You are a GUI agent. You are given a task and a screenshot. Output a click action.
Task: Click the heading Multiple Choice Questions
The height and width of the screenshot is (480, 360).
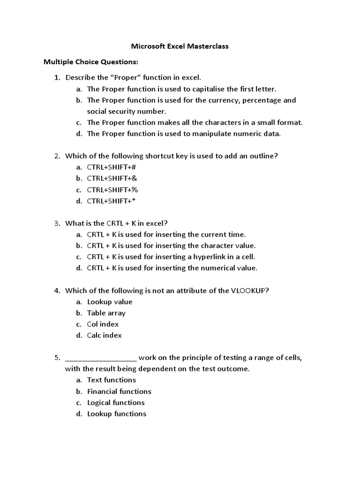click(x=91, y=62)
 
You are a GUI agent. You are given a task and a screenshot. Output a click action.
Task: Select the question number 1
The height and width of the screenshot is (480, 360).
click(x=57, y=77)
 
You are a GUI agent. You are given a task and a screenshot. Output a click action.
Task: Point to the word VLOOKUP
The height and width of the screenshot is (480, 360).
click(x=249, y=291)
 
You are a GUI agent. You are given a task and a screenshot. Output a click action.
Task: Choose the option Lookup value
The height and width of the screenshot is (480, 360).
click(x=110, y=302)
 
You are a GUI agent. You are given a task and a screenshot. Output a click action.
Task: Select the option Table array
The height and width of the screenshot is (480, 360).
click(x=106, y=313)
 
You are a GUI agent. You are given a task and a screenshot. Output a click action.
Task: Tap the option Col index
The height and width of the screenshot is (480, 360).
click(x=103, y=324)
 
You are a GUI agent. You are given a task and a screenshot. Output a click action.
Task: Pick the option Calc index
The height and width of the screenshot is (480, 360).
click(x=105, y=336)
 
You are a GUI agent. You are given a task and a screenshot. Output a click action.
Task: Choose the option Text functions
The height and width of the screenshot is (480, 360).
click(x=112, y=380)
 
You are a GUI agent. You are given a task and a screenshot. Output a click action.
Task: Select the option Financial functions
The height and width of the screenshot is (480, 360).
click(x=119, y=391)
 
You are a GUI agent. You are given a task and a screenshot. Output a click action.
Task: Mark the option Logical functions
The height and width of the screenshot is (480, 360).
click(x=116, y=403)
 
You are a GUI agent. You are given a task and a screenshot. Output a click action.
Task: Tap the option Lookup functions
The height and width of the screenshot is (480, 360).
click(x=117, y=414)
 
